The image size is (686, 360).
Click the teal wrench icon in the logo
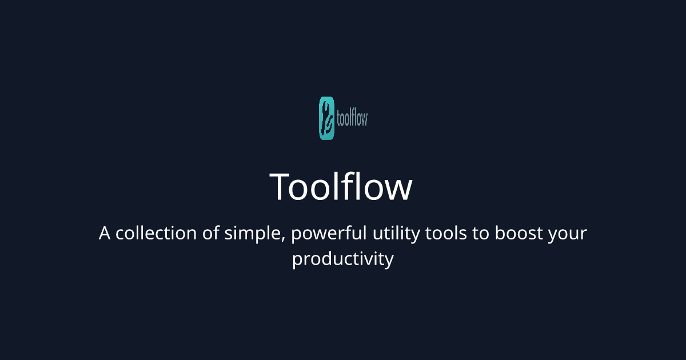coord(326,118)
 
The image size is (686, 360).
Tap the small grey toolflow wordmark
coord(351,118)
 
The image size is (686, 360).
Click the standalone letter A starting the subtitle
coord(104,234)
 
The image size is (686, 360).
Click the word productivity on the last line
coord(343,260)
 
